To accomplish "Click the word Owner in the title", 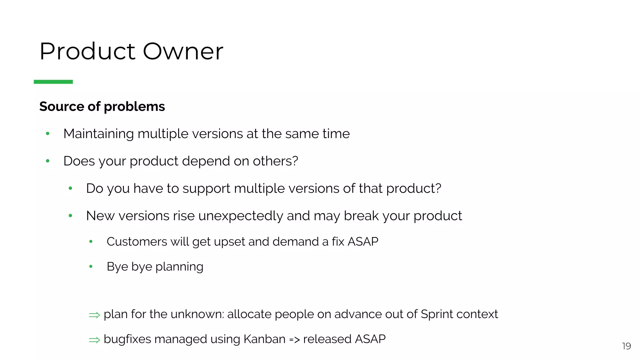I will (183, 51).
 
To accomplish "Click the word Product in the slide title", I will (87, 51).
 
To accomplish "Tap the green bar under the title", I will (53, 82).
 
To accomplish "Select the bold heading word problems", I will (134, 107).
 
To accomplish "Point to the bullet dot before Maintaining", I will (47, 134).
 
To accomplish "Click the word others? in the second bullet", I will (275, 161).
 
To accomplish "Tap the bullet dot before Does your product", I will (47, 161).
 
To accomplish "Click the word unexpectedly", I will (240, 216).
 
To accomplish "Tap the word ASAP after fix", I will (363, 242).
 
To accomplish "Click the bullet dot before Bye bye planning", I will (91, 267).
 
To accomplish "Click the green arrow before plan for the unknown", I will (94, 315).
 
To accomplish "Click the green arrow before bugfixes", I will (94, 340).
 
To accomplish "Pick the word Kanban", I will (264, 339).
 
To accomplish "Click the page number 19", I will (626, 346).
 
